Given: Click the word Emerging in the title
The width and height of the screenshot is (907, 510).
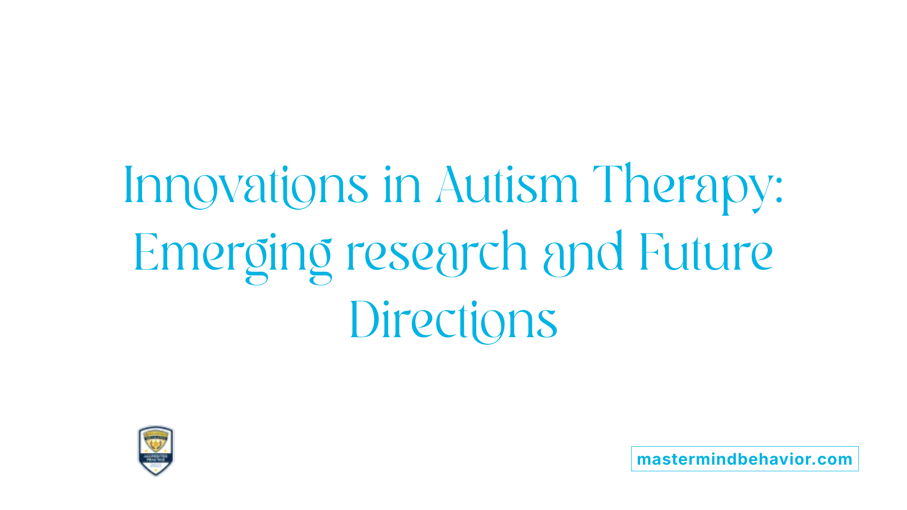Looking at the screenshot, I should click(232, 254).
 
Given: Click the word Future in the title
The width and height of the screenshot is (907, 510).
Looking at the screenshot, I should click(706, 254).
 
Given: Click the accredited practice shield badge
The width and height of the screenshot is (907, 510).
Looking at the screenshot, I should click(156, 450).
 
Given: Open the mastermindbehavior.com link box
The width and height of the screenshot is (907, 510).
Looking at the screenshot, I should click(744, 459).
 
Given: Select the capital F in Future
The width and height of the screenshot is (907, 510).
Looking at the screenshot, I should click(650, 253).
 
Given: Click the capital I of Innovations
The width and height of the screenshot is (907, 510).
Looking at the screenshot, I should click(127, 185).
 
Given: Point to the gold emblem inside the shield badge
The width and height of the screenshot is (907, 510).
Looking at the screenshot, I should click(156, 441).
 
